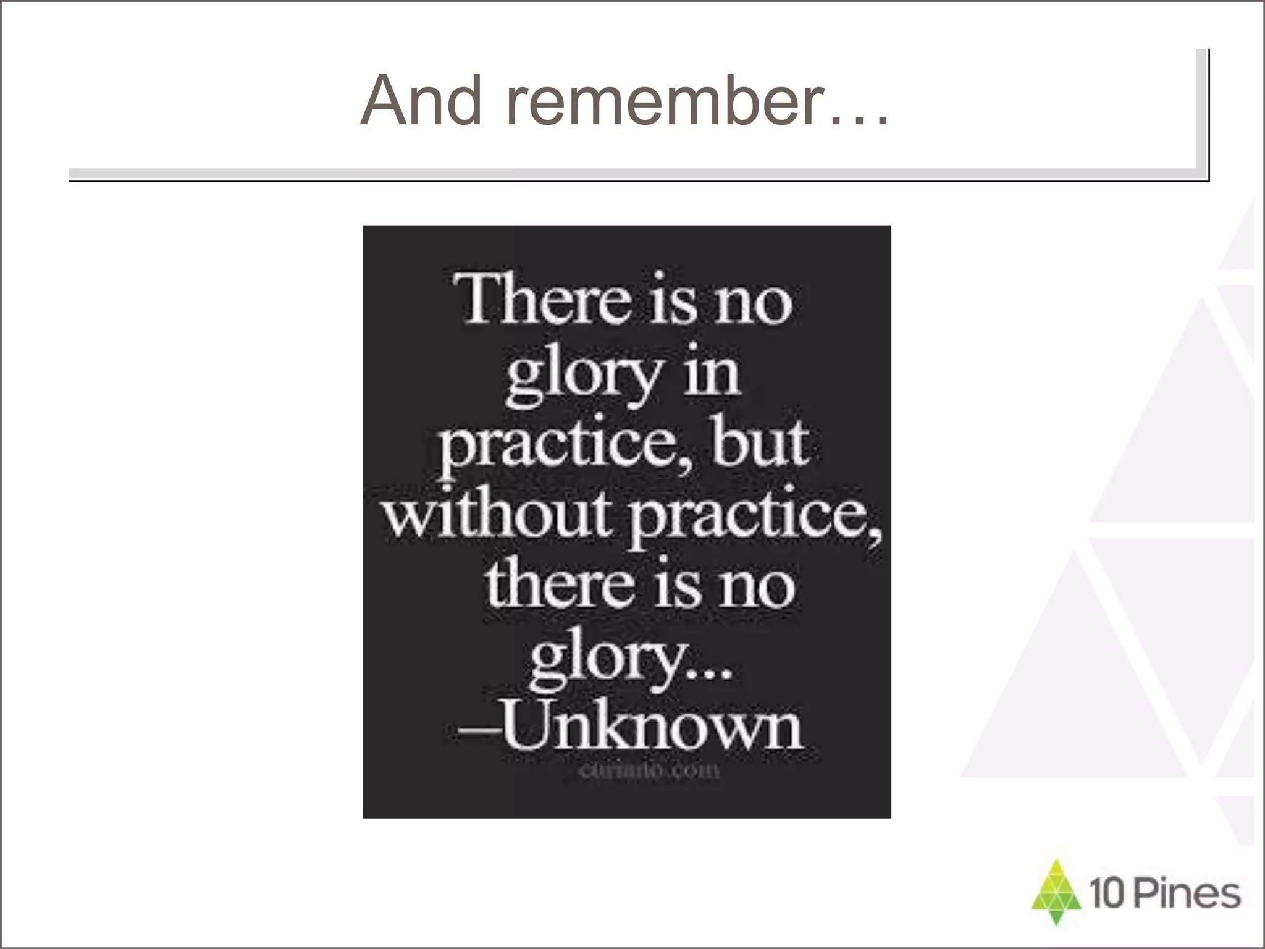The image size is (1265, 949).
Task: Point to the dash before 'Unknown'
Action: [x=478, y=733]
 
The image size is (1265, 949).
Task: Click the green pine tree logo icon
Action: [x=1056, y=892]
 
